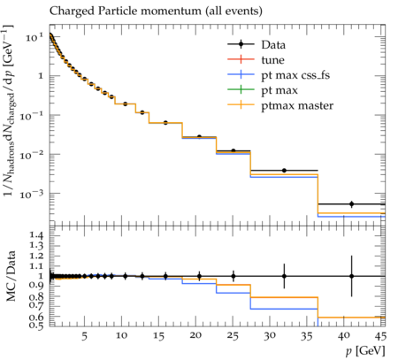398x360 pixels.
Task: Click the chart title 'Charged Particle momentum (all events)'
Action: (156, 11)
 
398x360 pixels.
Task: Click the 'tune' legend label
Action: (272, 60)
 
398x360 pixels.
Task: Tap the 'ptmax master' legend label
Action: (297, 105)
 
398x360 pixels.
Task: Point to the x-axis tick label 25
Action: (233, 336)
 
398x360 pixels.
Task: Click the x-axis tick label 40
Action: (344, 336)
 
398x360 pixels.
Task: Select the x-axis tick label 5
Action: (85, 336)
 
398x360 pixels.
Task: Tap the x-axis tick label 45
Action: (380, 336)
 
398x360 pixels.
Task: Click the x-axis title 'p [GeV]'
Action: (365, 351)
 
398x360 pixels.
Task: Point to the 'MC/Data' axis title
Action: (11, 276)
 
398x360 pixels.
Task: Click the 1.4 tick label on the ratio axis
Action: (36, 235)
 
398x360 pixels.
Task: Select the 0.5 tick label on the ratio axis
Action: (36, 326)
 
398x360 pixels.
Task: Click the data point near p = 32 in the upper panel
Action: (284, 171)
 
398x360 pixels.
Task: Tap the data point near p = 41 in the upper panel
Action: (351, 204)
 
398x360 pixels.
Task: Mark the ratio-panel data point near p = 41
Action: (351, 276)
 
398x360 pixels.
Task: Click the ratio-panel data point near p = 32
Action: (284, 276)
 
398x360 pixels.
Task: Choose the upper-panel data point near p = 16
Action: (165, 123)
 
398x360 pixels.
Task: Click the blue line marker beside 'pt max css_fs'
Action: (241, 74)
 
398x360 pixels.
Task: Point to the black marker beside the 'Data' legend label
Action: (241, 44)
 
